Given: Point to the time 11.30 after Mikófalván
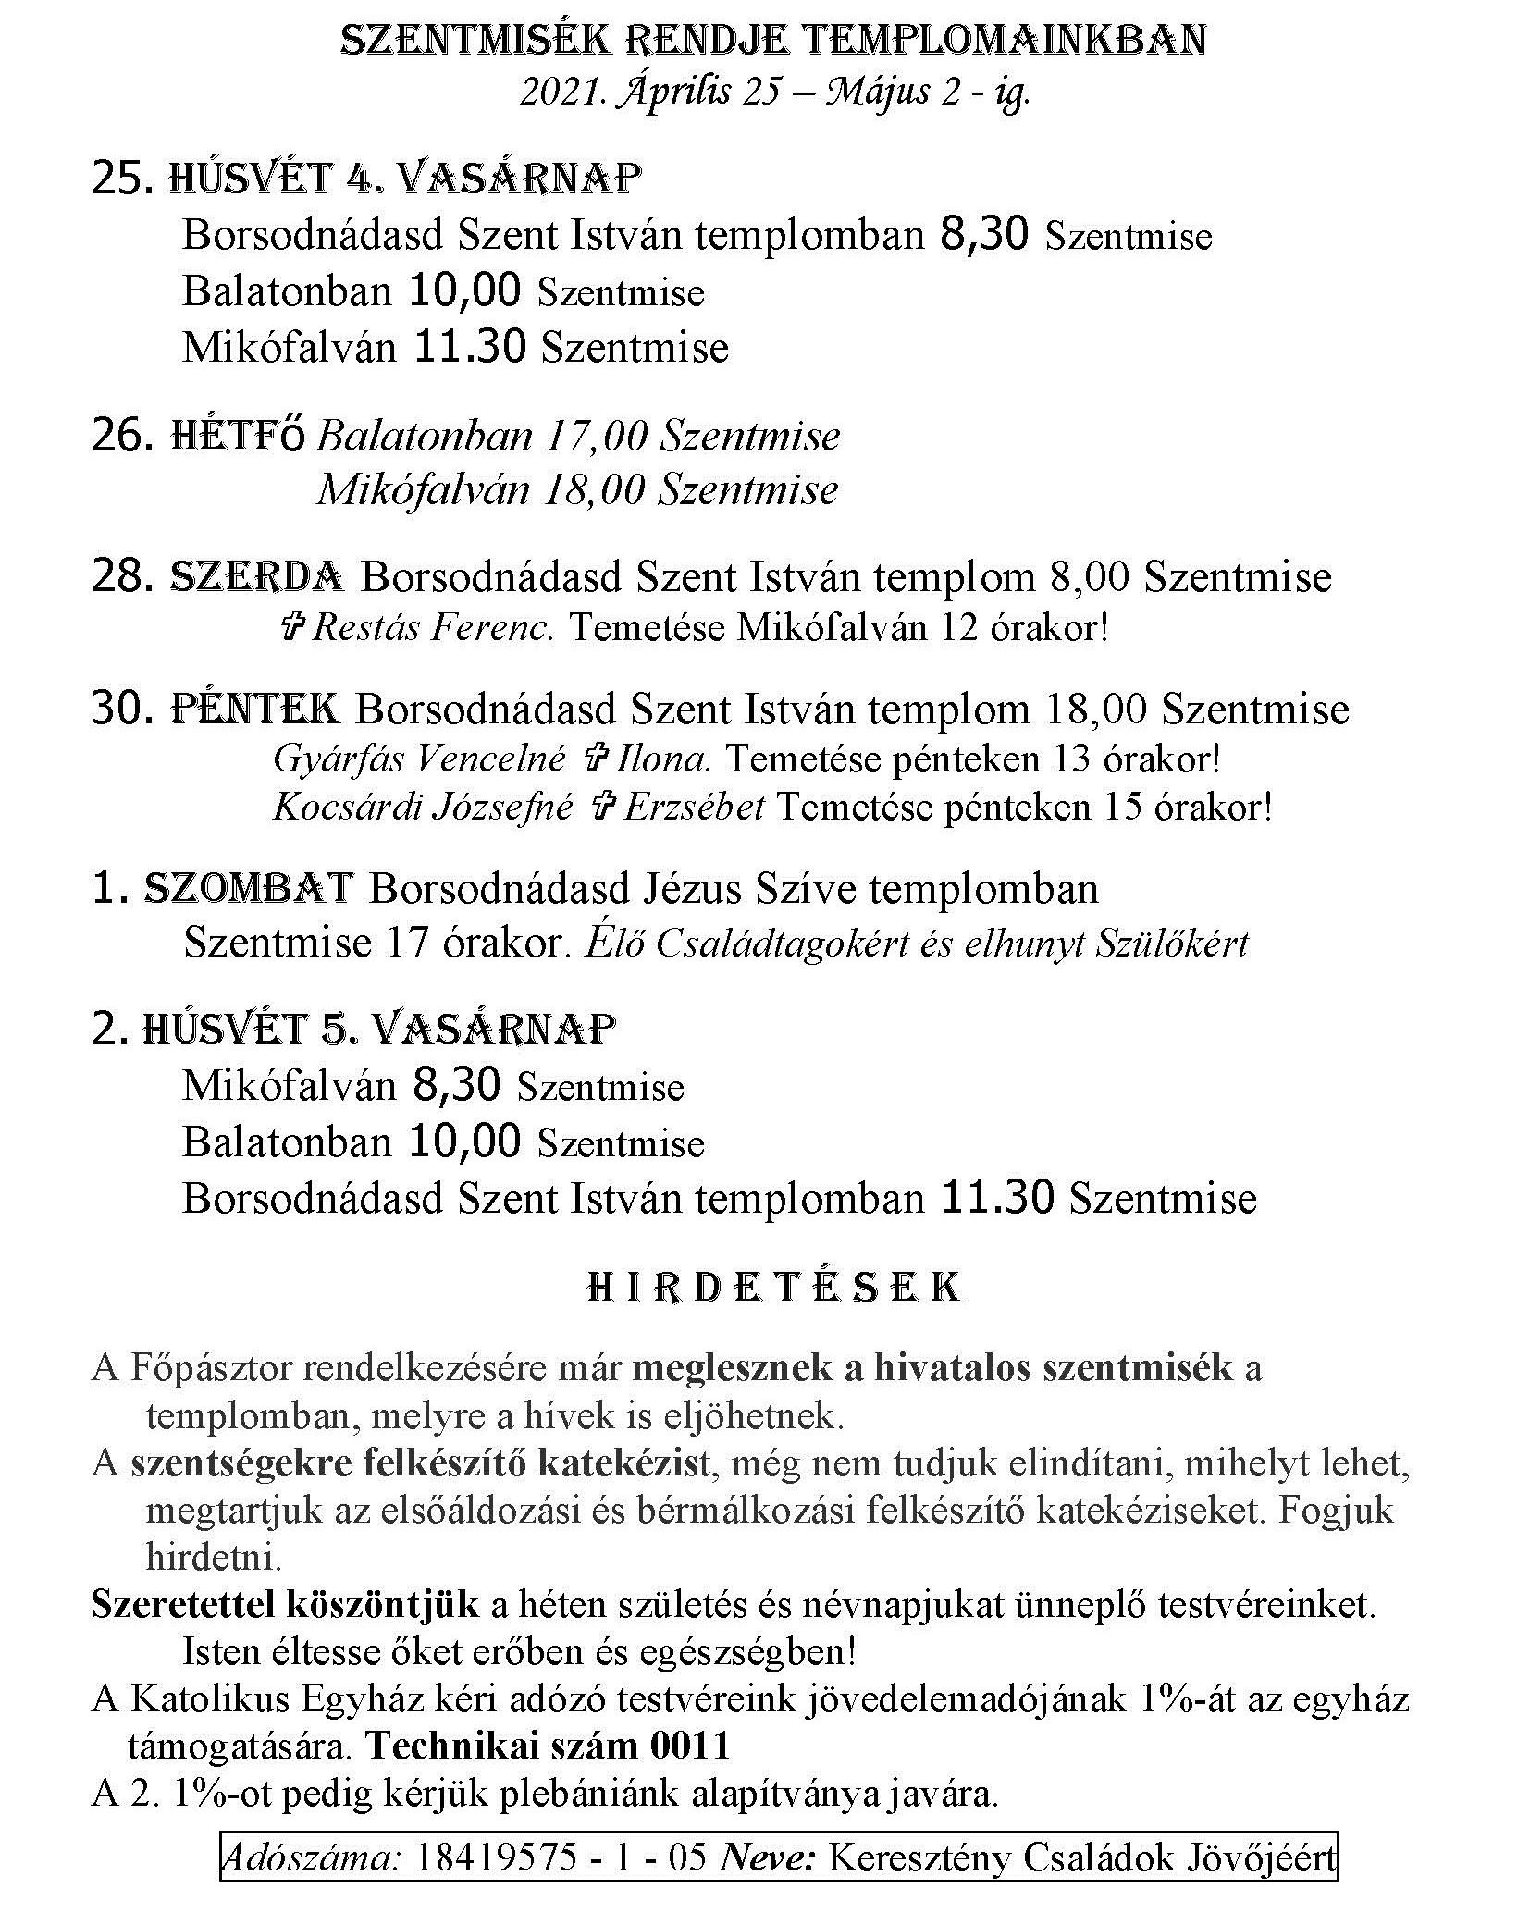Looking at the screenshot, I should (x=470, y=347).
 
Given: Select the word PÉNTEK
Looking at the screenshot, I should (x=255, y=710).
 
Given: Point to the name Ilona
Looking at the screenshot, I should (x=661, y=759).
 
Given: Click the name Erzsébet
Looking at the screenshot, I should (x=694, y=808).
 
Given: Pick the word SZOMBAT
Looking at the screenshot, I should (x=250, y=889).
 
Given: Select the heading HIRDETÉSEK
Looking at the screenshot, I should (x=775, y=1289).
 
